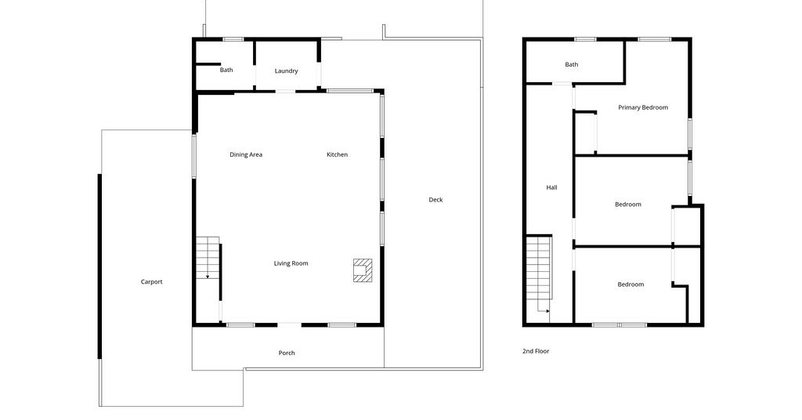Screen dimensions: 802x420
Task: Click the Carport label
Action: coord(151,282)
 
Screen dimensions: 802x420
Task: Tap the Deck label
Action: coord(435,200)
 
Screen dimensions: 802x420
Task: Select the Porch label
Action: coord(287,353)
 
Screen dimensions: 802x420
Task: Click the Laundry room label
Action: coord(286,71)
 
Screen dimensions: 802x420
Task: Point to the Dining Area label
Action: coord(246,154)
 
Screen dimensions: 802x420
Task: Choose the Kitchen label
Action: coord(337,154)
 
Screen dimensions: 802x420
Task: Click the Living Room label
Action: coord(291,263)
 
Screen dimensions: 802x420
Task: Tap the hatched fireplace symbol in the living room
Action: coord(363,270)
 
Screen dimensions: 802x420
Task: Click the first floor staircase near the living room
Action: coord(208,258)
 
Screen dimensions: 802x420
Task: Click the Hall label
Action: coord(551,188)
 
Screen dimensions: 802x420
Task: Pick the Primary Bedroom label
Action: coord(643,107)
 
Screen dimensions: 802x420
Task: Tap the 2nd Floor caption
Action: coord(536,352)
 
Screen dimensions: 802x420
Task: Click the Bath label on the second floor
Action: coord(571,64)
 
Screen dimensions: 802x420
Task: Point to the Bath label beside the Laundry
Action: coord(226,70)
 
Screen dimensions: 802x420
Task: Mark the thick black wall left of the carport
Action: coord(99,266)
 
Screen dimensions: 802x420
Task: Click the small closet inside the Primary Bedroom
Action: coord(585,132)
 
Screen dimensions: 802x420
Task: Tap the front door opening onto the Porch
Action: coord(290,324)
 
